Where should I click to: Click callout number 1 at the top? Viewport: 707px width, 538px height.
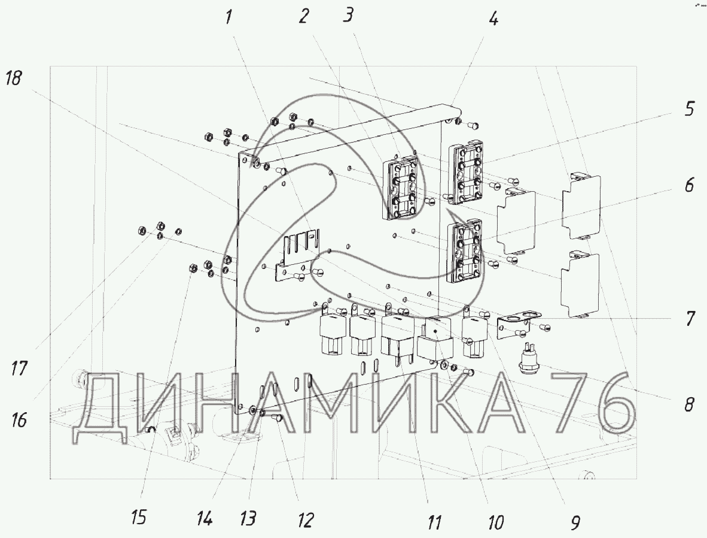tap(228, 17)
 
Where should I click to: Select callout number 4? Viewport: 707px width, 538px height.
tap(493, 19)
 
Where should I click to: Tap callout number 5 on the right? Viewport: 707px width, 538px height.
tap(690, 109)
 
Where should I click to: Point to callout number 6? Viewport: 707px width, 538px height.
tap(690, 185)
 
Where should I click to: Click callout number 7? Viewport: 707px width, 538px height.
tap(690, 319)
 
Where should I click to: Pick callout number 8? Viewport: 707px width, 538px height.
tap(689, 404)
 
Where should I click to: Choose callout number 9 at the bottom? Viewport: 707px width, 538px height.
tap(575, 522)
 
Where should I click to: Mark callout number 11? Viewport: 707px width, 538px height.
tap(435, 522)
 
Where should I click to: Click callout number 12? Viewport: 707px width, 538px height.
tap(305, 519)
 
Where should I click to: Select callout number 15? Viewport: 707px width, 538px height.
tap(139, 517)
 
